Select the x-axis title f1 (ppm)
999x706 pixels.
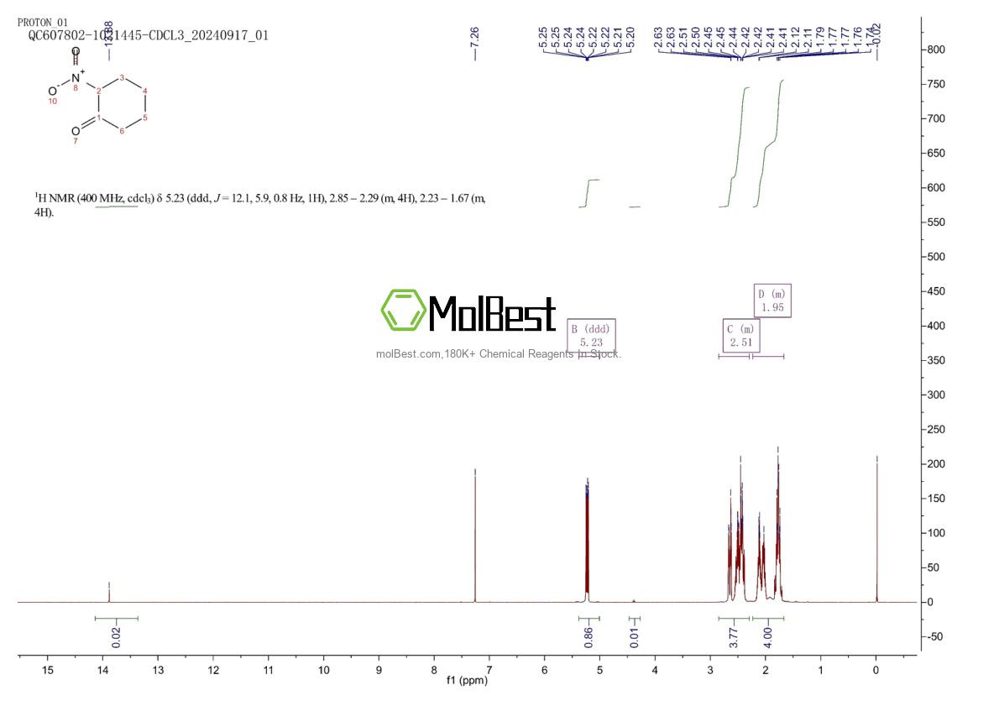click(x=467, y=680)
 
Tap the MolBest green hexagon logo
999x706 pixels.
click(x=404, y=310)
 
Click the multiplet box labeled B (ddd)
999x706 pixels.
click(x=591, y=336)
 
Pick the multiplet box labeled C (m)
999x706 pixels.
click(x=741, y=337)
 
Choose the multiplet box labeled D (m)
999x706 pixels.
click(x=772, y=301)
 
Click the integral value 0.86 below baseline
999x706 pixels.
click(x=588, y=637)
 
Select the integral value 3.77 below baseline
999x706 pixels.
click(x=733, y=637)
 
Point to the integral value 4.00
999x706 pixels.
click(x=766, y=637)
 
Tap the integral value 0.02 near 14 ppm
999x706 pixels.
click(x=116, y=637)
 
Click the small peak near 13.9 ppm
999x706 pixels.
click(x=109, y=593)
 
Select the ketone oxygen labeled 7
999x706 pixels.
click(x=76, y=132)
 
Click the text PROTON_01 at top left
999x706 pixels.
click(x=43, y=23)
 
